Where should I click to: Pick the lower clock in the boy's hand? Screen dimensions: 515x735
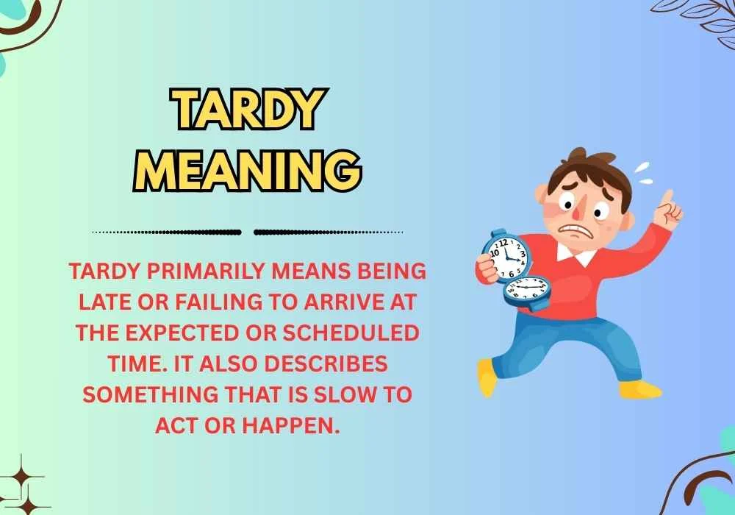(x=527, y=292)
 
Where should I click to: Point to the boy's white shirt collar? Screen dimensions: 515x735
(x=577, y=255)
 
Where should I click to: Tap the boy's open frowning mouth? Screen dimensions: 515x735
(x=578, y=230)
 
